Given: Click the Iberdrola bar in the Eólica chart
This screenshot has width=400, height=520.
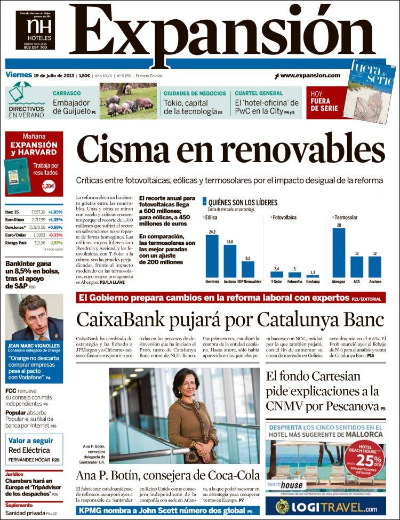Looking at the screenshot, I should click(x=212, y=256).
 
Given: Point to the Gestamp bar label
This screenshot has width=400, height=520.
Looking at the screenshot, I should click(x=313, y=281).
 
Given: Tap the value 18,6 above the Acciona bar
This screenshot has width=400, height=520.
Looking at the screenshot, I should click(x=230, y=242).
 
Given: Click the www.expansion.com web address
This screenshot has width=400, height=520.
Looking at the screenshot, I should click(x=309, y=76).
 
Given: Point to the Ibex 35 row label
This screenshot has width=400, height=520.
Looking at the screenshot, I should click(x=13, y=212).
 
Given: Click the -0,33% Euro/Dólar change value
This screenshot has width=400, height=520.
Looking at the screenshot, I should click(x=55, y=235).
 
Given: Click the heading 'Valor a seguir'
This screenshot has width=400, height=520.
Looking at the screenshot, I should click(x=30, y=441).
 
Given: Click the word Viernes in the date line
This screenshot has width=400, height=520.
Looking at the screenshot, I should click(x=18, y=75).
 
